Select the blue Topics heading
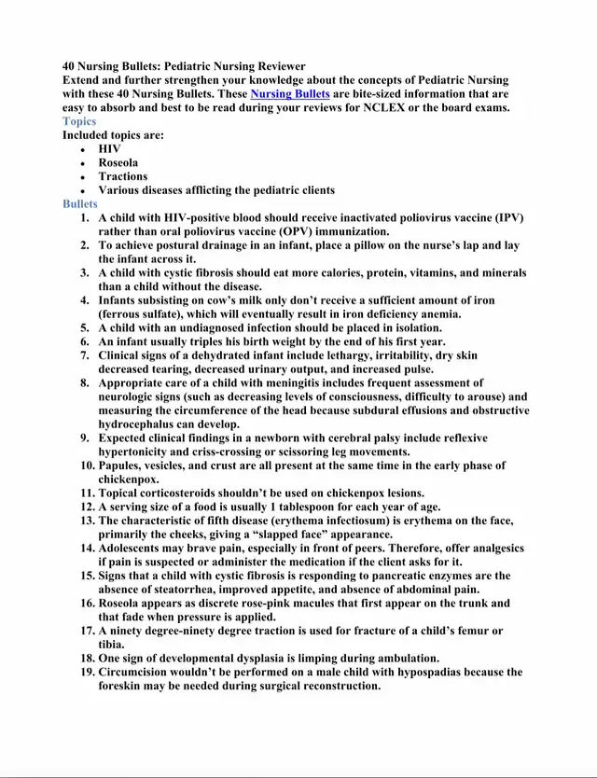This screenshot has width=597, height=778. (79, 121)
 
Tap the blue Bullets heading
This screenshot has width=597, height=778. (80, 203)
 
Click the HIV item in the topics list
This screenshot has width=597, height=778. (109, 148)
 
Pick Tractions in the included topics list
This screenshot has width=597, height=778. (123, 176)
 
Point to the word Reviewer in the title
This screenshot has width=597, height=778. (277, 66)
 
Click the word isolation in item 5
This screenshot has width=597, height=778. (411, 327)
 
